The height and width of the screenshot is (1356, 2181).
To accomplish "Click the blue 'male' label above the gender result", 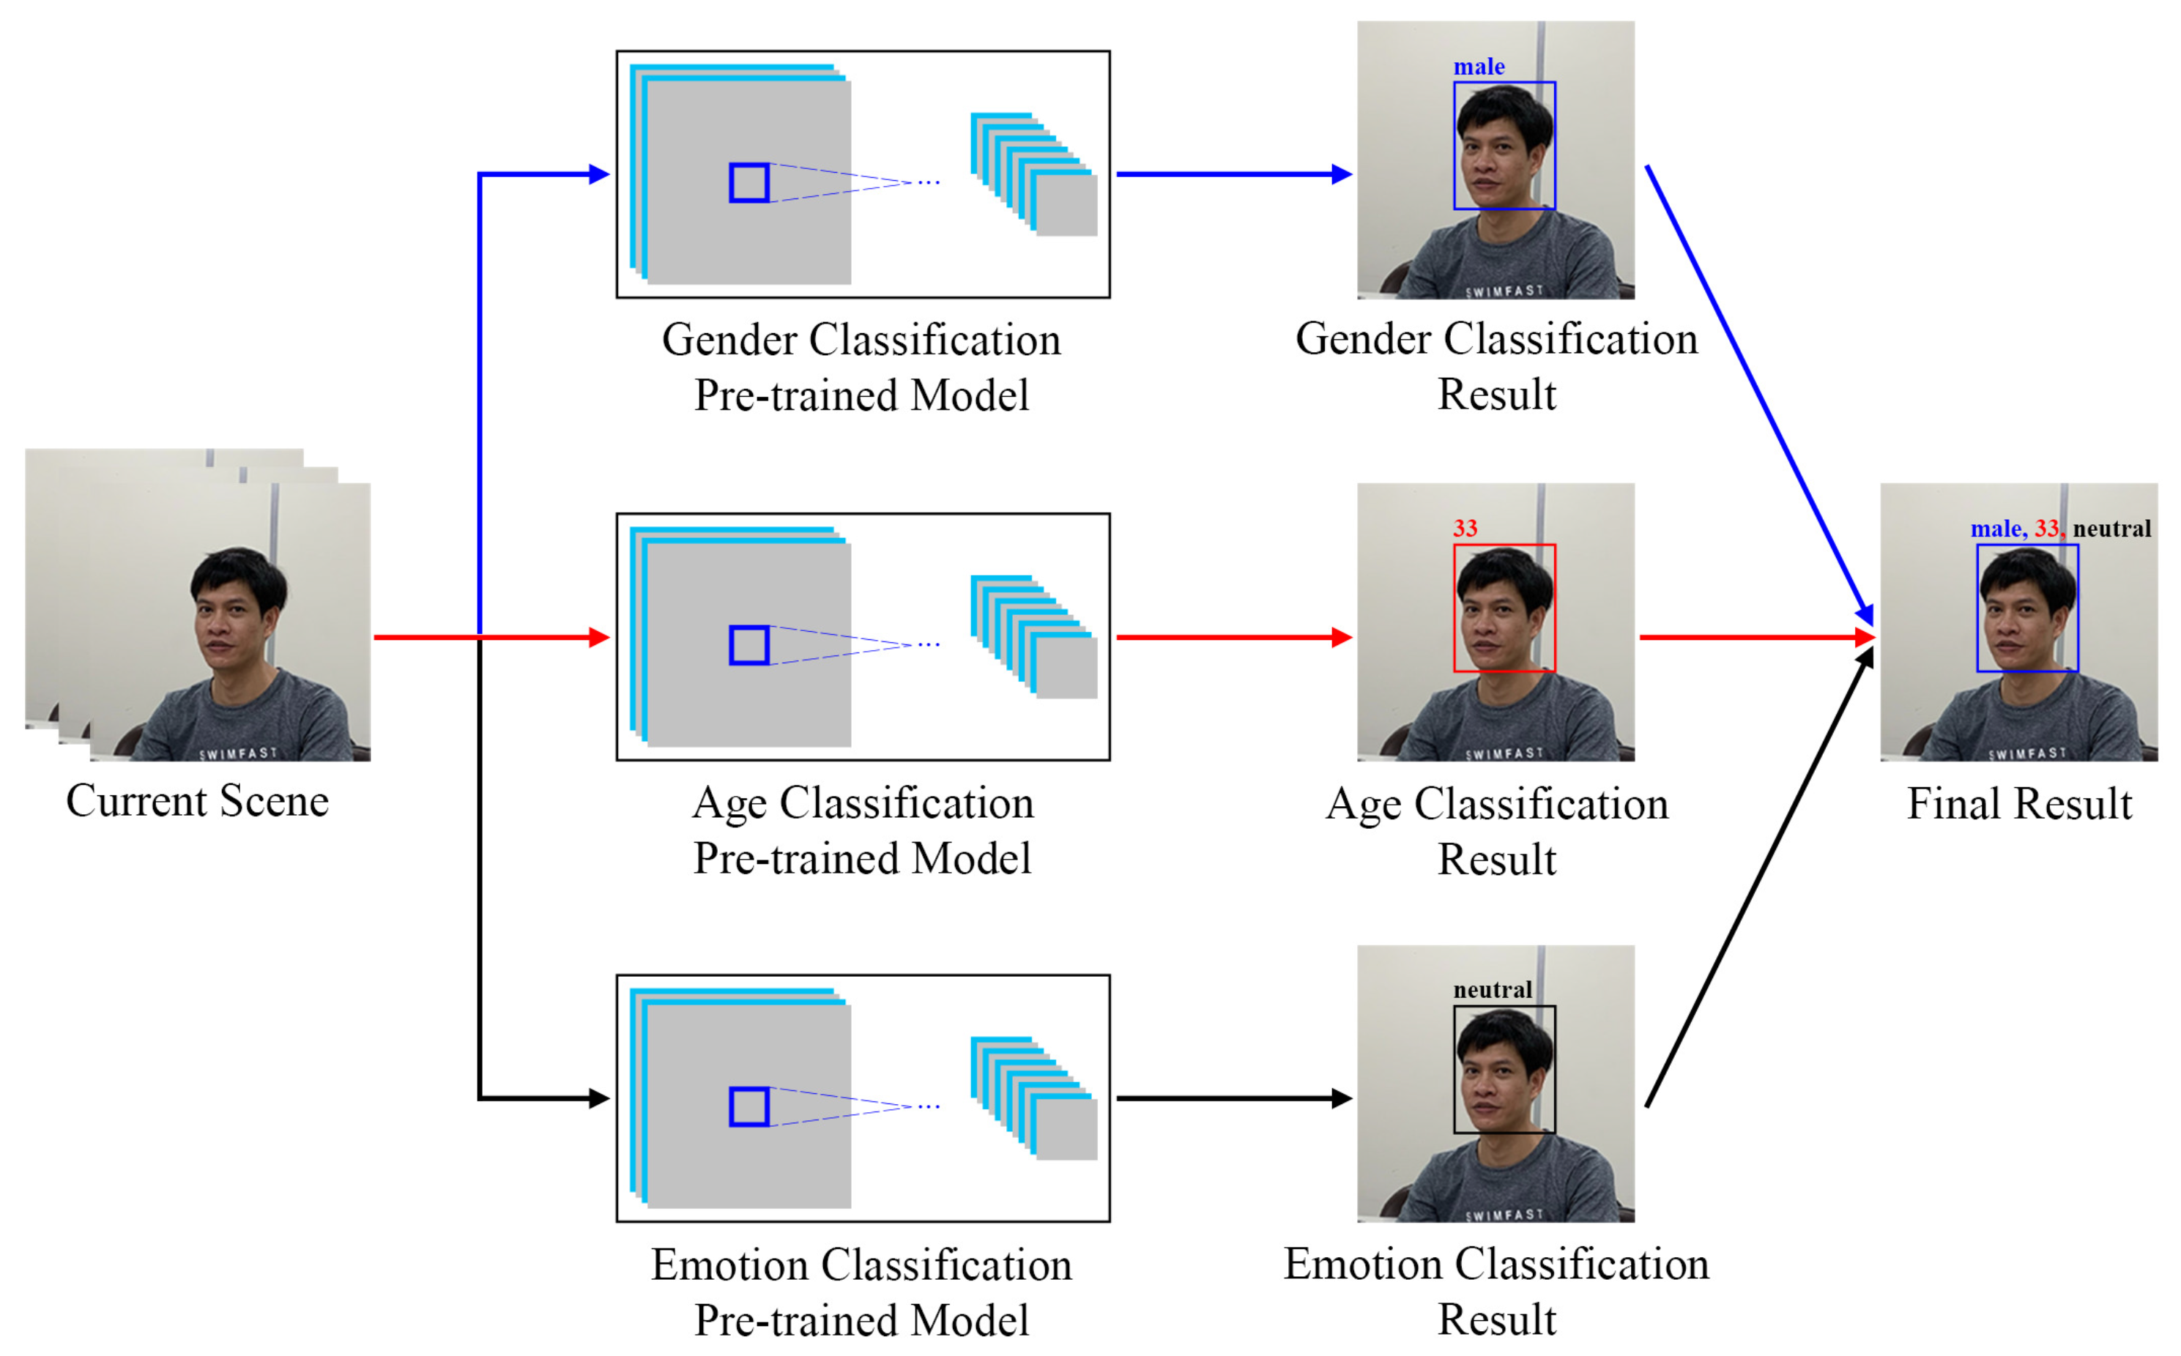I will click(x=1479, y=67).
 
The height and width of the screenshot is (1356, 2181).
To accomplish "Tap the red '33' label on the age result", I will click(x=1465, y=528).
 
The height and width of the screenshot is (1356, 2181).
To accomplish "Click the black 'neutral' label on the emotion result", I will click(x=1493, y=990).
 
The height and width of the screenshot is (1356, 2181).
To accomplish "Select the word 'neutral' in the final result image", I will click(x=2112, y=529).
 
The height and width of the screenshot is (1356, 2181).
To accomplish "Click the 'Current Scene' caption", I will click(x=197, y=801).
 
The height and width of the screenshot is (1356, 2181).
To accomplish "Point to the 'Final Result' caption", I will click(x=2018, y=803).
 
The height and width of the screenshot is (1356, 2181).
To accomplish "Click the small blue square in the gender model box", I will click(x=748, y=183).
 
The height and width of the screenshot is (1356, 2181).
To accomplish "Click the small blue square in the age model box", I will click(x=748, y=645).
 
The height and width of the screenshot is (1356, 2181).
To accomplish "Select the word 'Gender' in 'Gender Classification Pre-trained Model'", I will click(x=729, y=340).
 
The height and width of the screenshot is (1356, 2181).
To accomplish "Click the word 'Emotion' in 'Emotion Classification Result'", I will click(x=1362, y=1265).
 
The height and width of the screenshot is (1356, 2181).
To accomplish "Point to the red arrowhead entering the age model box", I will click(x=599, y=638).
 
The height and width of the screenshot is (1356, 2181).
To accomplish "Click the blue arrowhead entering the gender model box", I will click(x=599, y=174).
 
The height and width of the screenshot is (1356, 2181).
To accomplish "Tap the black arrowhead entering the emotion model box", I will click(x=599, y=1098).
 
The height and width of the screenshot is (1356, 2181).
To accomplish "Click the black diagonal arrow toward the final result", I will click(x=1758, y=879).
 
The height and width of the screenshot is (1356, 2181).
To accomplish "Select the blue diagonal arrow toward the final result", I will click(x=1758, y=390).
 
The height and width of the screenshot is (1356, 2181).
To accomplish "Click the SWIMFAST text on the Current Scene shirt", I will click(x=237, y=753).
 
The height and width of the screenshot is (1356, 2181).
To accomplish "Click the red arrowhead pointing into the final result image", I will click(x=1865, y=638).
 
